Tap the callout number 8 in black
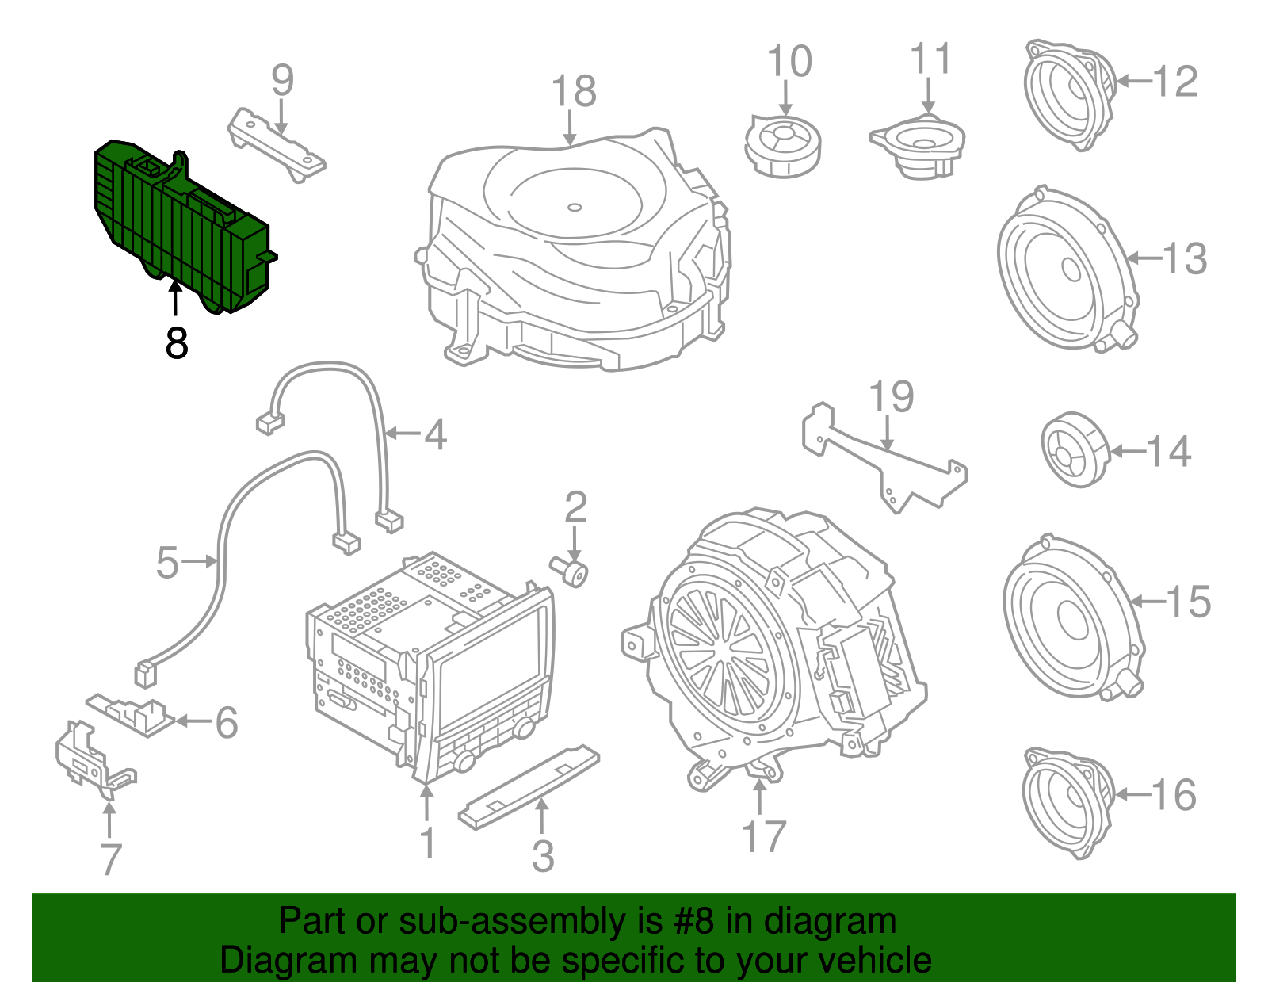177,342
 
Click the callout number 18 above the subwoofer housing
573,91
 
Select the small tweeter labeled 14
1075,449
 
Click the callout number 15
1189,602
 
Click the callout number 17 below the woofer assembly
763,836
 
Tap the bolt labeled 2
569,571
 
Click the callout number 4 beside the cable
435,434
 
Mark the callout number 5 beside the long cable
167,562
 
